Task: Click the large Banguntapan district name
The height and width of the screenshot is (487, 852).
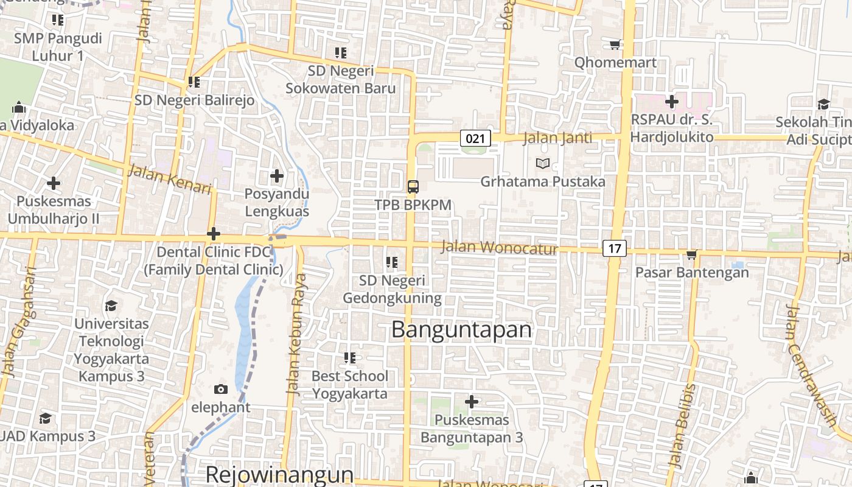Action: coord(461,329)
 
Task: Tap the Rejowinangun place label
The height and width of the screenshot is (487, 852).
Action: coord(279,474)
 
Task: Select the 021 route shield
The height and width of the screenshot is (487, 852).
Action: coord(475,138)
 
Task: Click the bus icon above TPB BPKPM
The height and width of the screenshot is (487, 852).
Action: coord(413,186)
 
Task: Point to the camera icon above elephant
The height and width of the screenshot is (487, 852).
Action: coord(220,389)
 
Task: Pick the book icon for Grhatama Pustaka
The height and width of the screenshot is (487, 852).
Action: coord(542,163)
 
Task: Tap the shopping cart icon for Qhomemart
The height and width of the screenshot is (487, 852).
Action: coord(615,44)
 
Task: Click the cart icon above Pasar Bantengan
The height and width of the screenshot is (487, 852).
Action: coord(691,254)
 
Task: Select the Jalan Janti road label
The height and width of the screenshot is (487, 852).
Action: coord(557,138)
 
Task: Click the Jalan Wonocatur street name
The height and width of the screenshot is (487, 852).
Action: coord(498,247)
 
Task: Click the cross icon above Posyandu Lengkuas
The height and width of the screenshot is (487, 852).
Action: coord(277,177)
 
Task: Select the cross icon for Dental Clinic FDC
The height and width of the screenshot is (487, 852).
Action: coord(214,234)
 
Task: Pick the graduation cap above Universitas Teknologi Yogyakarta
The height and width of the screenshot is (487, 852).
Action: coord(111,305)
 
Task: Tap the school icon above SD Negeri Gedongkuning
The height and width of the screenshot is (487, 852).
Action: coord(392,262)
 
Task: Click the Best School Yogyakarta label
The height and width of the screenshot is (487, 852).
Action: coord(349,385)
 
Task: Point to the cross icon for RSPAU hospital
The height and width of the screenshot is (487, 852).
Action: coord(672,101)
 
